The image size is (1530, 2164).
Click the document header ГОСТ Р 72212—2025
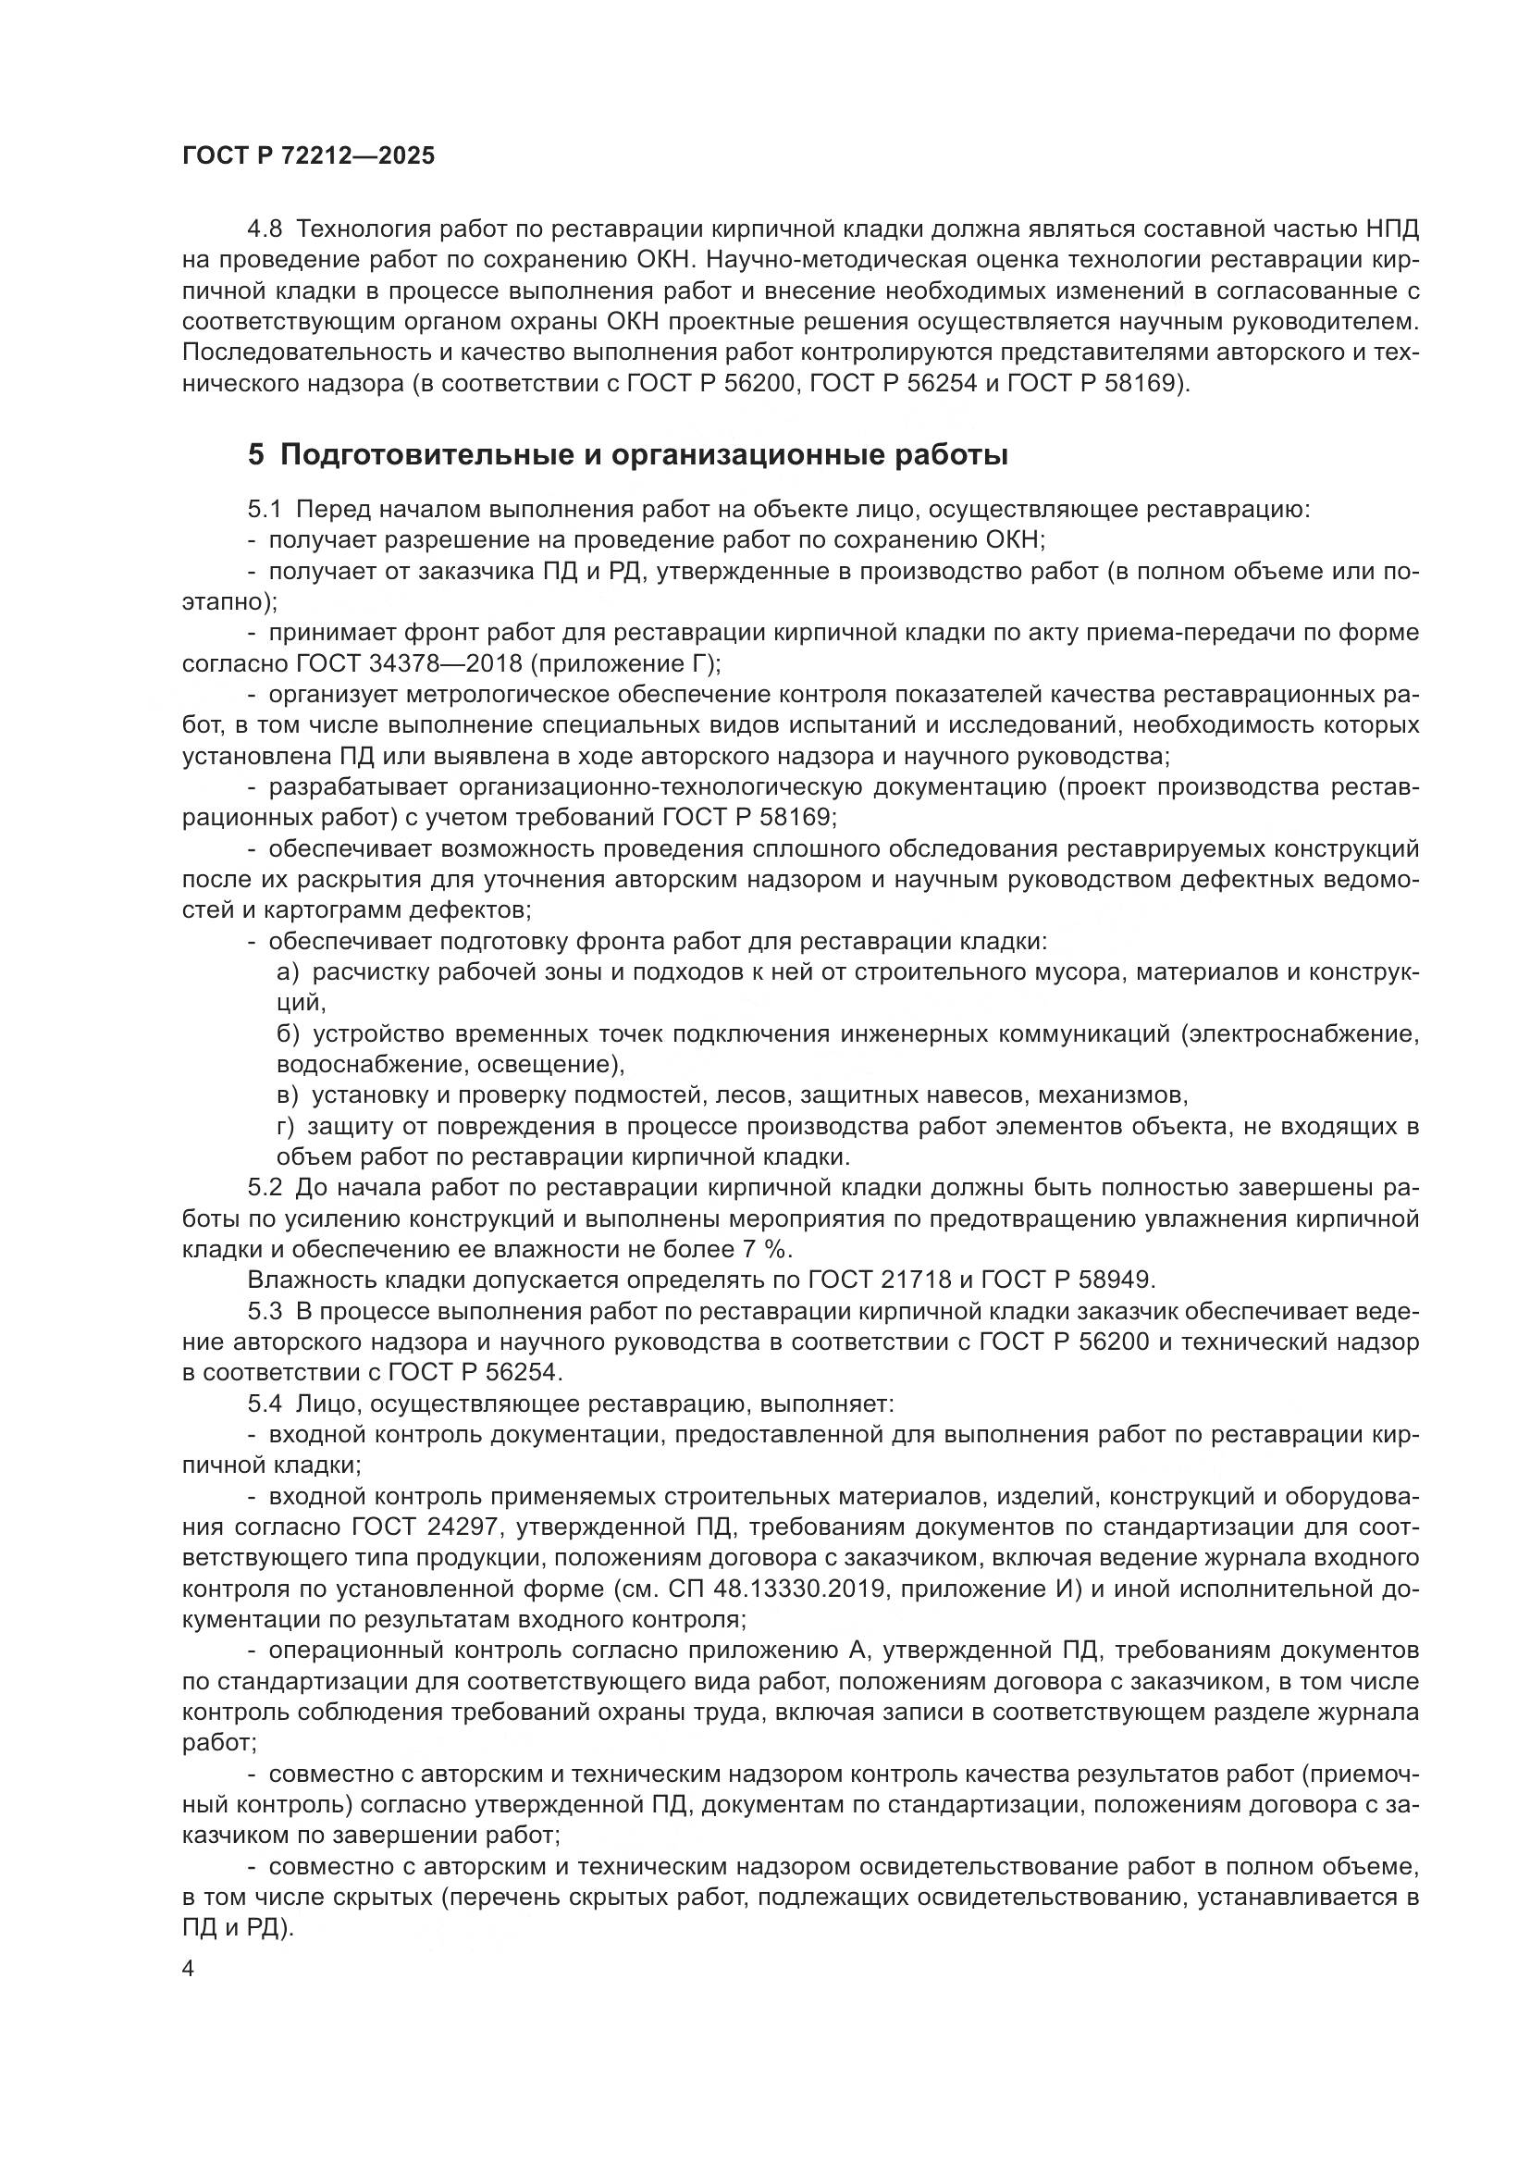coord(308,156)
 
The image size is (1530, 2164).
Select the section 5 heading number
coord(256,455)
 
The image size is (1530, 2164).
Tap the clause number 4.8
coord(264,229)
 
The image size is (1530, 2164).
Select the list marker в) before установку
coord(287,1095)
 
